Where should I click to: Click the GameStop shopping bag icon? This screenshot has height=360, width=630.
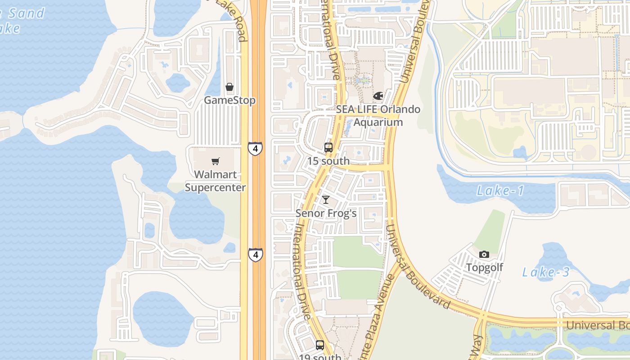[229, 87]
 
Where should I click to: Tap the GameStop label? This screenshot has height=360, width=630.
[229, 100]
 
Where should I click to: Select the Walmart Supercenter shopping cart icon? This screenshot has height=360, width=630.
[216, 161]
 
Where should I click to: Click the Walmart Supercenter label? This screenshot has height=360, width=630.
[216, 181]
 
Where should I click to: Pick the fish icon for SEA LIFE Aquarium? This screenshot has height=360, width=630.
[378, 96]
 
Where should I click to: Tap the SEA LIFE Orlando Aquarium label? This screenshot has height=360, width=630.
[378, 116]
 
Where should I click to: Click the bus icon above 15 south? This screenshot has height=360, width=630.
[328, 147]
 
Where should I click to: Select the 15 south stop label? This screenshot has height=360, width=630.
[328, 161]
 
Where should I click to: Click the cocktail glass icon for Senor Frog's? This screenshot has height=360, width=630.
[326, 200]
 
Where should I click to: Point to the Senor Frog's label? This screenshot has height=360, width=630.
[326, 213]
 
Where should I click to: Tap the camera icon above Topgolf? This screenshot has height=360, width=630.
[484, 254]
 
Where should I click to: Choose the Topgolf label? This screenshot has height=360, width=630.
[484, 267]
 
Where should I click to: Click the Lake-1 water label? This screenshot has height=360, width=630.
[500, 191]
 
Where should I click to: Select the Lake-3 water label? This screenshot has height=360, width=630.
[546, 272]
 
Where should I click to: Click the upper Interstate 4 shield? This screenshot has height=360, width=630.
[255, 148]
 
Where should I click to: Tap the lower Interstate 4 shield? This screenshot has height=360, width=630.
[256, 255]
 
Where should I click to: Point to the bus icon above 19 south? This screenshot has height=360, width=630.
[319, 345]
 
